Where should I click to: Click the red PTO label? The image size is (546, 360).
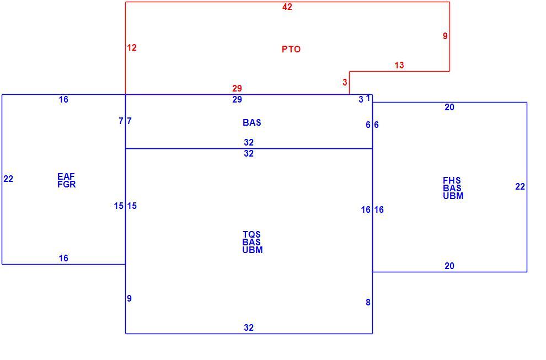[291, 49]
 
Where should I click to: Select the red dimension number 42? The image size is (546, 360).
[287, 7]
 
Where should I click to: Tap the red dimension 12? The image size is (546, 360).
[132, 48]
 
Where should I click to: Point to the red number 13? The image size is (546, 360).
[399, 65]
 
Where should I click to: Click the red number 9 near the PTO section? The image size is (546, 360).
[445, 36]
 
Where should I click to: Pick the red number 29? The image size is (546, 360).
[237, 88]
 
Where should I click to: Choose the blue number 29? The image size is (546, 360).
[237, 100]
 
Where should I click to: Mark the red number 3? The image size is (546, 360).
[345, 82]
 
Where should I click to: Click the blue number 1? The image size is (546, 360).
[368, 98]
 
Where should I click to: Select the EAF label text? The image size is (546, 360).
[66, 176]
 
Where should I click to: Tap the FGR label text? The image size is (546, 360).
[67, 184]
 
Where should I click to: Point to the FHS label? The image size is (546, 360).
[452, 180]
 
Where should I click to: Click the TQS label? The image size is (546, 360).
[251, 234]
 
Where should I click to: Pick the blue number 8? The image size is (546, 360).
[368, 302]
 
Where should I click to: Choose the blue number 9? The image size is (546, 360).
[129, 298]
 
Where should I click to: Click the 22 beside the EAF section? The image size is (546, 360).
[8, 179]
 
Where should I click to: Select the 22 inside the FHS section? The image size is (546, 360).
[520, 186]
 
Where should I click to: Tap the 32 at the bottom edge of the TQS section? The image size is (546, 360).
[249, 327]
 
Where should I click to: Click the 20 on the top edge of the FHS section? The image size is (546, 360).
[449, 108]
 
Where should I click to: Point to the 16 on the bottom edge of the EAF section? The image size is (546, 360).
[63, 259]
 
